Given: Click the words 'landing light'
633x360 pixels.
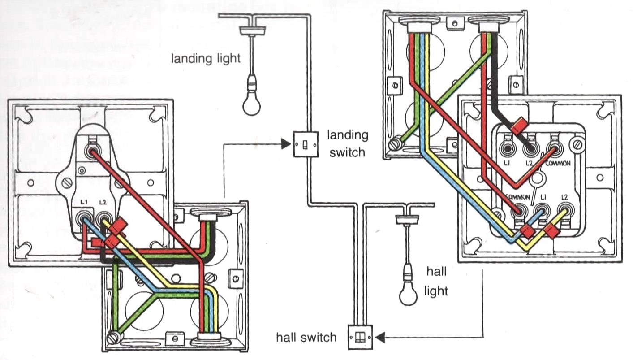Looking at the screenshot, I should point(206,58).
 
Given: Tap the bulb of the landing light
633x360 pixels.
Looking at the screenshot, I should point(252,104).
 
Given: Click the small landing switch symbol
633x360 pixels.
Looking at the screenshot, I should point(306,144).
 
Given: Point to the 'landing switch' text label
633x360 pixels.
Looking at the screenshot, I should point(347,143).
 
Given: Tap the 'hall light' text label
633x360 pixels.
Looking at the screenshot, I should point(436,282).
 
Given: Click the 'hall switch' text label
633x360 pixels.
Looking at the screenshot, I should point(306,337).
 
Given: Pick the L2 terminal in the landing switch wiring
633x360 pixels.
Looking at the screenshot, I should point(104,219).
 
